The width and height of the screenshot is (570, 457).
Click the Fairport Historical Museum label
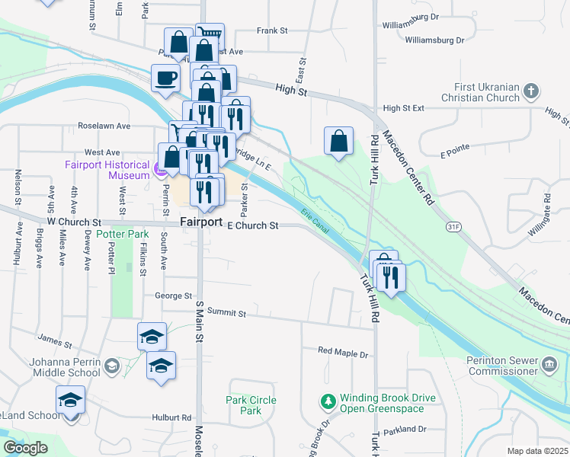click(x=107, y=170)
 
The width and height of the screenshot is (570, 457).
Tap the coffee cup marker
click(x=165, y=77)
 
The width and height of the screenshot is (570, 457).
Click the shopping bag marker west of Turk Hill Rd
click(x=338, y=141)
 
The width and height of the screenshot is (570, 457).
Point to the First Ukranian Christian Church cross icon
click(x=531, y=93)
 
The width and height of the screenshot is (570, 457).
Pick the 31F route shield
click(x=454, y=226)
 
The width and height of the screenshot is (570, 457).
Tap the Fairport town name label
click(x=201, y=222)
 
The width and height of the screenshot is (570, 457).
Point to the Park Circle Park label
click(x=251, y=405)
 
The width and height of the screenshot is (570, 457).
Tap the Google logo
click(x=25, y=447)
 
